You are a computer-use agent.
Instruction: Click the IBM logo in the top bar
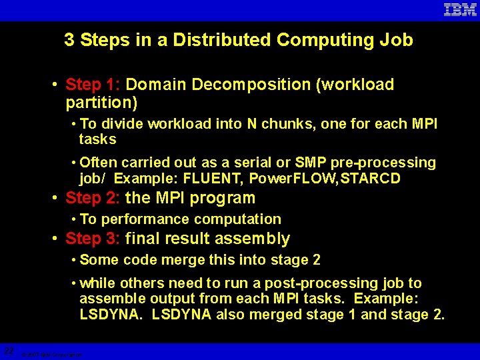pos(460,9)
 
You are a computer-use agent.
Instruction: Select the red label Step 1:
pos(93,85)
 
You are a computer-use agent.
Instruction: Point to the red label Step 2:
pos(93,198)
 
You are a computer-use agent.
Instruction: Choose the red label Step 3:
pos(93,239)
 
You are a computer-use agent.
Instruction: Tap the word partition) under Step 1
pos(101,103)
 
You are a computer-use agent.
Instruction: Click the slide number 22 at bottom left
pos(9,351)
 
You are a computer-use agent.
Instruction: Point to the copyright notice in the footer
pos(51,355)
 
